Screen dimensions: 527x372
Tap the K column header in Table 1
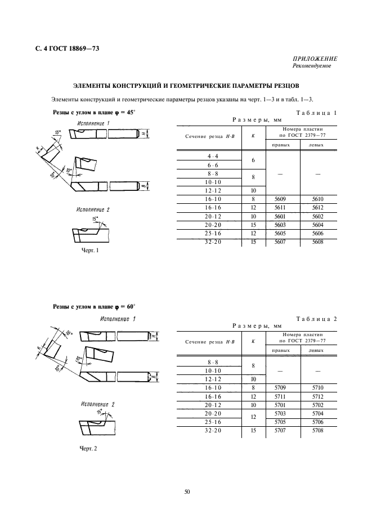coord(253,136)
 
